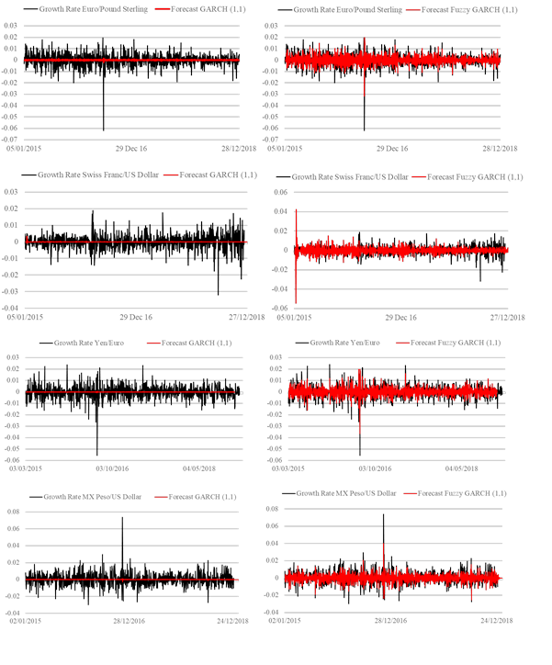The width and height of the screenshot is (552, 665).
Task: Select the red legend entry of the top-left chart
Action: click(x=197, y=7)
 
